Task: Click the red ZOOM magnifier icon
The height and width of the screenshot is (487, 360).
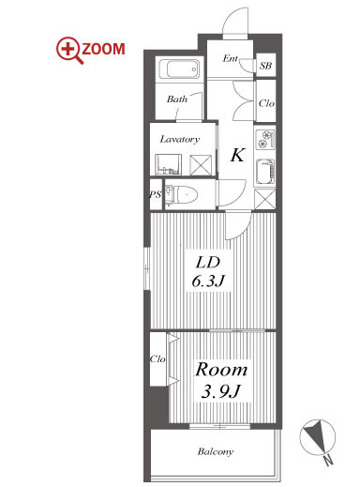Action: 68,50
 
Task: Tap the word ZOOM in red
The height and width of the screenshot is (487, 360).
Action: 103,49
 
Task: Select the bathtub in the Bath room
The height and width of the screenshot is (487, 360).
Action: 179,69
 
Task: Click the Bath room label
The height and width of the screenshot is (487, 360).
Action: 177,99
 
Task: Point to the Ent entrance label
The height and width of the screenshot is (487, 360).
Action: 231,58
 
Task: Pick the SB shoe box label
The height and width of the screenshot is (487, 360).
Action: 265,66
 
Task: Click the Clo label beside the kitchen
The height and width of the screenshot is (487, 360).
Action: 266,103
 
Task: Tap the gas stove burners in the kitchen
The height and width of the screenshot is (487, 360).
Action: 265,140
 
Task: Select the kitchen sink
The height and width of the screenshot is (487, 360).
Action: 265,172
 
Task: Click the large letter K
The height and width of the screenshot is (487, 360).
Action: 237,155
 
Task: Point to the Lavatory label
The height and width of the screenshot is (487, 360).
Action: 180,139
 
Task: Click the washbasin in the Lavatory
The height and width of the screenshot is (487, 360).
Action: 168,164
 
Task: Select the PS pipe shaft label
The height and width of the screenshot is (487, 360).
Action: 156,194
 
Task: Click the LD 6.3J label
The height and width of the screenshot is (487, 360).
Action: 208,272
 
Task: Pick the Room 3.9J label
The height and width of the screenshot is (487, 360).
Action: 221,380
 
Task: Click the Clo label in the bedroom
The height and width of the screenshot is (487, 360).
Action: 157,358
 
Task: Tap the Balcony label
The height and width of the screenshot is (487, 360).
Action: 216,451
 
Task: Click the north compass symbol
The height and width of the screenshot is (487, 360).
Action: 318,435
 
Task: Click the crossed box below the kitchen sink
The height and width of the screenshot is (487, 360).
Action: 265,199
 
